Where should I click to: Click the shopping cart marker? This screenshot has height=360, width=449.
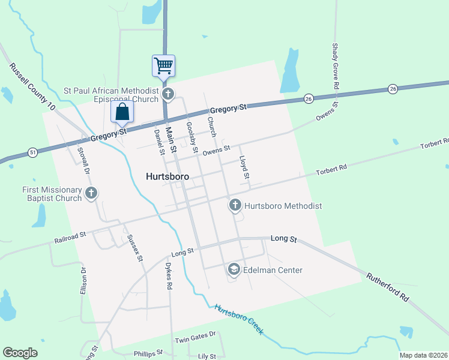pos(163,65)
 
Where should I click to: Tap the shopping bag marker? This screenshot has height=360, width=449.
pos(122,112)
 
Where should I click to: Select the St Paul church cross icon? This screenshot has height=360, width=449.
pos(168,94)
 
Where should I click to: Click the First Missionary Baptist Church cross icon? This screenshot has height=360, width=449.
pos(91,193)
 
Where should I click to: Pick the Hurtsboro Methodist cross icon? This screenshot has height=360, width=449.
pos(235,206)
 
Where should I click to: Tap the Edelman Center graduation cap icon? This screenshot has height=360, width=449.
pos(234,270)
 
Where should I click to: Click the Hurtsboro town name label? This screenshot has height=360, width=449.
pos(167,177)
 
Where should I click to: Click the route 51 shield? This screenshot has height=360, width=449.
pos(32,154)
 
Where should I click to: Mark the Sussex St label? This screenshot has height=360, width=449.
pos(134,248)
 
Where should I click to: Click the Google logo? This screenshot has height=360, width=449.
pos(20,353)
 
